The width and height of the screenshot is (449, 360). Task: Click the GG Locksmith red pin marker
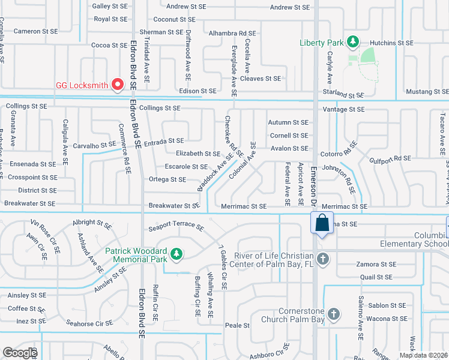click(118, 85)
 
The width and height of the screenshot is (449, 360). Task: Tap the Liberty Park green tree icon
click(354, 42)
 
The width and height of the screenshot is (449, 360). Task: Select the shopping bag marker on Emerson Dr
click(322, 223)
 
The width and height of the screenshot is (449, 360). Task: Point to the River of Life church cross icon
click(323, 259)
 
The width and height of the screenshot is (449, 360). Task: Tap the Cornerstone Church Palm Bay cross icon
click(333, 314)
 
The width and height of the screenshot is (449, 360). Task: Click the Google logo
click(19, 353)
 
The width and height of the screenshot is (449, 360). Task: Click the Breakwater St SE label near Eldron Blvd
click(174, 205)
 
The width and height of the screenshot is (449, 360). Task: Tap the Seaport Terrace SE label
click(176, 227)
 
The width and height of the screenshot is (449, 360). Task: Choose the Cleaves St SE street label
click(260, 79)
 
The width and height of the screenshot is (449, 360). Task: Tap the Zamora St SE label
click(377, 265)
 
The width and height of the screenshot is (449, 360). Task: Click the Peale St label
click(237, 325)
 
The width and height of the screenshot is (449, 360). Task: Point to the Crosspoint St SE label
click(29, 178)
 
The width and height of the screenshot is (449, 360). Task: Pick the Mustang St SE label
click(427, 92)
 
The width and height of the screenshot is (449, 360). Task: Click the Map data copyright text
click(423, 355)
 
